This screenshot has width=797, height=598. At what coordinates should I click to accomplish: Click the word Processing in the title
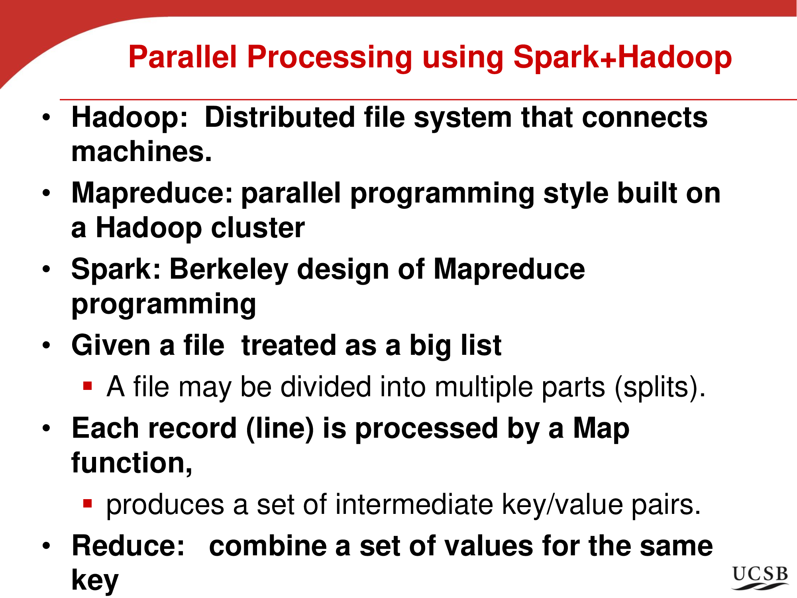point(330,58)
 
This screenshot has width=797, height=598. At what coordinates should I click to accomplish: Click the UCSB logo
point(760,578)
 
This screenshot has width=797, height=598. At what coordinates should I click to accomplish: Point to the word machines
point(141,152)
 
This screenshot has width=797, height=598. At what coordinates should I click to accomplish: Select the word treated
point(289,345)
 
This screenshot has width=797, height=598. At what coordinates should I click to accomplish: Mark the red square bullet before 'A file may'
point(88,386)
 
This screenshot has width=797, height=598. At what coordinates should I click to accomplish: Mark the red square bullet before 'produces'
point(88,503)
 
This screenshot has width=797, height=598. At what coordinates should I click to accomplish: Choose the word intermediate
point(414,504)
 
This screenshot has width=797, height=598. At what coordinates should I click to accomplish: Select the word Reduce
point(124,546)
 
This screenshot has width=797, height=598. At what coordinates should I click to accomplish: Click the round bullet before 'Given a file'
point(47,345)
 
